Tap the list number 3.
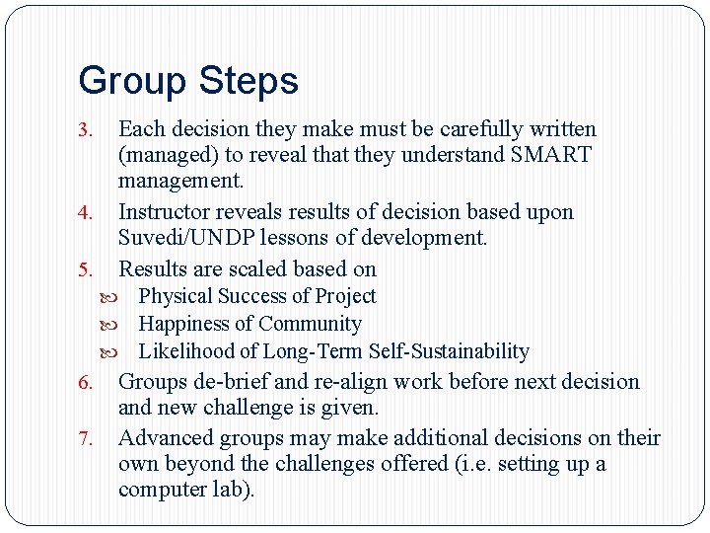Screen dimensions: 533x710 click(86, 130)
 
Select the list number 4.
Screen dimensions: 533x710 click(86, 213)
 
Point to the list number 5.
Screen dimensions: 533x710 click(86, 269)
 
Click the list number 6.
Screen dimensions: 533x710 click(86, 383)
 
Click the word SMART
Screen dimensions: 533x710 click(551, 155)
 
